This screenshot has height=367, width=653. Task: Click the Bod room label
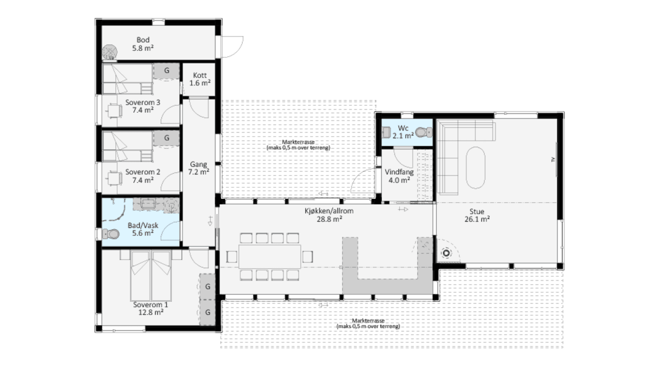143,40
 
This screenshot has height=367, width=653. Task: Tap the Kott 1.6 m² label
200,79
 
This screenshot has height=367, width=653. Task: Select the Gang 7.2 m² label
198,168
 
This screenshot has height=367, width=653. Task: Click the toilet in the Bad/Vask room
110,234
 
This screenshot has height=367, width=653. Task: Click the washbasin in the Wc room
386,132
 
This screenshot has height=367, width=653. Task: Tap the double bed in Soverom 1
151,275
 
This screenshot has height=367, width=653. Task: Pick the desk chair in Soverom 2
115,178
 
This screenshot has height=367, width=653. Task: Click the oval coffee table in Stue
476,168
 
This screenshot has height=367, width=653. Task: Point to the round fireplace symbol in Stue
446,253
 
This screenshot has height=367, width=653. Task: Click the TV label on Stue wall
553,160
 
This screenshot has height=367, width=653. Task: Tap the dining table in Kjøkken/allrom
270,257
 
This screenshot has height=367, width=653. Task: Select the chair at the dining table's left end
232,257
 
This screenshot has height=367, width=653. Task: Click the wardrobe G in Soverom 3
166,71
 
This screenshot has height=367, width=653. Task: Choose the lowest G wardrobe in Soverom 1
207,313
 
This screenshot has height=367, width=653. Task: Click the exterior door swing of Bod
232,47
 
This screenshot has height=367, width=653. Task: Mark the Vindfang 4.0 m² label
399,176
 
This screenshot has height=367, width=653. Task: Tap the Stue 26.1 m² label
477,215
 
